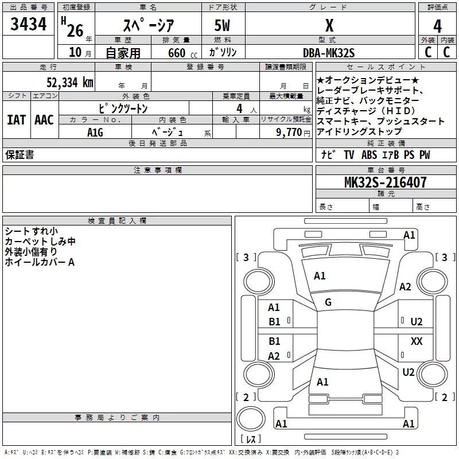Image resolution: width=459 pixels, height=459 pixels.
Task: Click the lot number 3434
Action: pos(28,24)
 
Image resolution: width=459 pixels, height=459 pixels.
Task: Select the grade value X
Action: pos(329,25)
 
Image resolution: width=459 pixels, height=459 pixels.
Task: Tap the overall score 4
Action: pos(437,26)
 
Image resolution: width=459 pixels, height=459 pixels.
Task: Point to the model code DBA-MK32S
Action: pos(328,53)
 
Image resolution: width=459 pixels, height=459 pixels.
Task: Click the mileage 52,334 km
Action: pos(70,83)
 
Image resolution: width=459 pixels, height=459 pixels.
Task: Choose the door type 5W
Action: pos(222,25)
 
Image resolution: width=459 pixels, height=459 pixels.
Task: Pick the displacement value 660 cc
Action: pos(182,53)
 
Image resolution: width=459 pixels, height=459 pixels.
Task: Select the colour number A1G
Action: pos(95,133)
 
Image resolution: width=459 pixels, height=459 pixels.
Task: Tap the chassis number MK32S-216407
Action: pos(385,182)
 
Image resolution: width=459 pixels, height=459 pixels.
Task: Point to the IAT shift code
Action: pos(17,120)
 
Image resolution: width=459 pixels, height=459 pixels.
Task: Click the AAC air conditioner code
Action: pos(44,120)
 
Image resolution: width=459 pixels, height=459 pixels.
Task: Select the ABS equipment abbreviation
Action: pos(369,155)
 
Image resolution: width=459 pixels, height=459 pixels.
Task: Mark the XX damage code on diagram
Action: pos(417,341)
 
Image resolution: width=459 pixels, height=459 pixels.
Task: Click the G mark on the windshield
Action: pos(328,302)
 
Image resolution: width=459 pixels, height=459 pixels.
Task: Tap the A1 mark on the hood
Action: pos(320,276)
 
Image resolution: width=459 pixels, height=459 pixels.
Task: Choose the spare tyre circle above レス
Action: pos(251,418)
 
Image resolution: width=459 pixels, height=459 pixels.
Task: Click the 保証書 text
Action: pos(20,155)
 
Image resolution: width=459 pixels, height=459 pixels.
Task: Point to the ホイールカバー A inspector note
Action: pos(40,262)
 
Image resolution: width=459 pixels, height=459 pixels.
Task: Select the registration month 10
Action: pos(75,52)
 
